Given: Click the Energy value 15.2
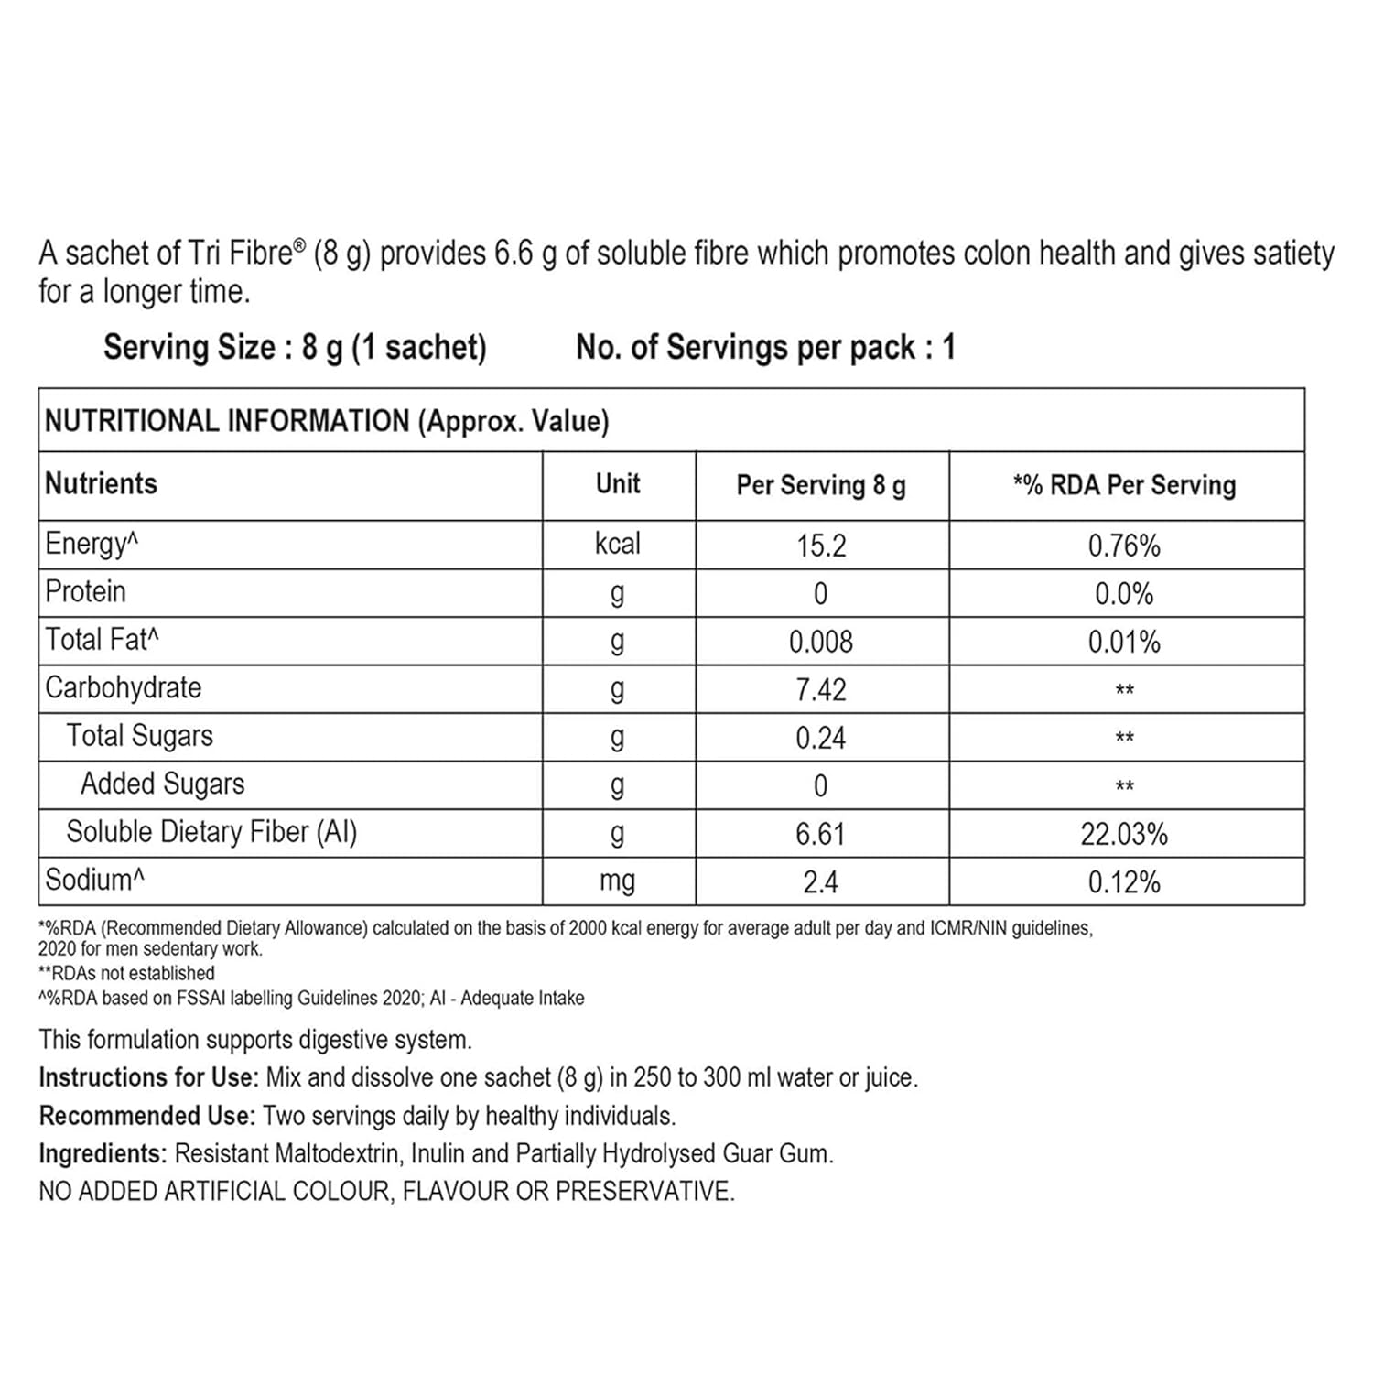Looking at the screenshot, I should (821, 546).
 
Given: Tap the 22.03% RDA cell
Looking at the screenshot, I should (1124, 834).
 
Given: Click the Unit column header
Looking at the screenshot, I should (618, 484).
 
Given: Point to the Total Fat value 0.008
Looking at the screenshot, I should (821, 642).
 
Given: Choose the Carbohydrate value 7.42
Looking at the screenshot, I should (821, 690).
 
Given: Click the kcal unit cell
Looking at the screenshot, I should (618, 544).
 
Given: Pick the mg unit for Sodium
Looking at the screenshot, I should (618, 881).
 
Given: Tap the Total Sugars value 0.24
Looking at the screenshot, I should (821, 738).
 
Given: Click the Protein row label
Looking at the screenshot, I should (85, 592).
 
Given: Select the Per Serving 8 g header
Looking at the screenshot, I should (821, 485).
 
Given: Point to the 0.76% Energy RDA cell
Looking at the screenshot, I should (1124, 546).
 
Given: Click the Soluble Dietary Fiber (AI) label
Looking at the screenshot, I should (211, 832).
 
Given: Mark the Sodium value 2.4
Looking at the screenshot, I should (821, 881).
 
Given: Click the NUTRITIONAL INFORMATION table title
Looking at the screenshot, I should (327, 421).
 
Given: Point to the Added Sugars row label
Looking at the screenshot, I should (163, 784).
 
